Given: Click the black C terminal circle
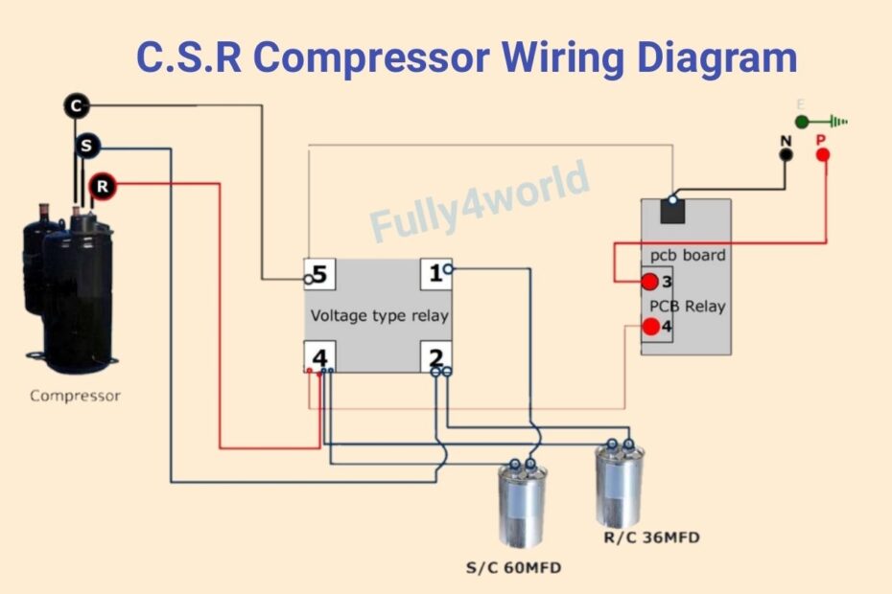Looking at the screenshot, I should [77, 105].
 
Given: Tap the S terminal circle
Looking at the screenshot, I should [88, 147].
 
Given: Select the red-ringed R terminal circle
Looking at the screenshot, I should [102, 186].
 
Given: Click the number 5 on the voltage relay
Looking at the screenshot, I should [318, 275].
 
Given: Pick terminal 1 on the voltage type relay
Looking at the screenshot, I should [435, 274].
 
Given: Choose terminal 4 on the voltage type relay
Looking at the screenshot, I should [318, 358].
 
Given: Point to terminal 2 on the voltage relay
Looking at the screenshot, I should [436, 358].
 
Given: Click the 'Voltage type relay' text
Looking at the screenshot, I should [379, 315].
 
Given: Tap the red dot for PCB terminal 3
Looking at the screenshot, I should [650, 282].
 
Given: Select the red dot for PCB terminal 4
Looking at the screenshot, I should [651, 327].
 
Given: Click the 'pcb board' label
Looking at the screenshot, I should [688, 256].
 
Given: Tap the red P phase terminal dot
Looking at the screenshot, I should [822, 153].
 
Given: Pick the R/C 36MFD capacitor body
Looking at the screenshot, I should [619, 484].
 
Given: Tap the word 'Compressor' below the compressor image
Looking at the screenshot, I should [75, 396].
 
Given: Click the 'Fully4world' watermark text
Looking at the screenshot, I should [480, 202].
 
